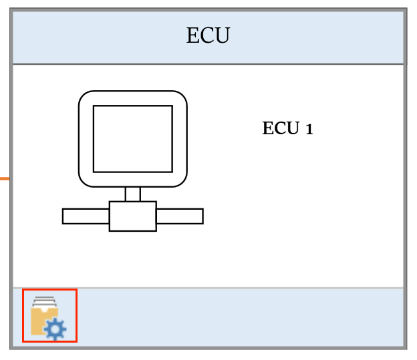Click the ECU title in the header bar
(x=208, y=36)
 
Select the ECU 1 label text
(x=287, y=128)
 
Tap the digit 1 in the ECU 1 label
(x=309, y=129)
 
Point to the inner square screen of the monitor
(x=132, y=138)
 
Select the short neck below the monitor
(x=132, y=194)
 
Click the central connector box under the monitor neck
(x=132, y=216)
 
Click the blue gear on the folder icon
(x=55, y=329)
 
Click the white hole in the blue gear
(x=55, y=329)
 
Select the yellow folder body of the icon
(x=39, y=321)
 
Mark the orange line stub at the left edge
(x=4, y=179)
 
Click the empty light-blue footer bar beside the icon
(x=241, y=317)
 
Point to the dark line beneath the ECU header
(x=208, y=64)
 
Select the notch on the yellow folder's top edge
(x=44, y=310)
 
